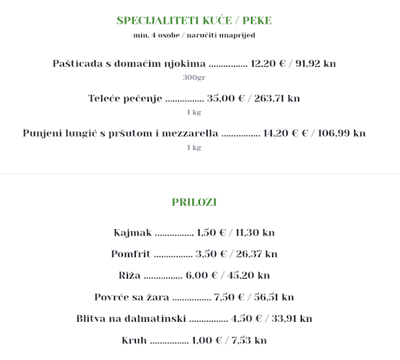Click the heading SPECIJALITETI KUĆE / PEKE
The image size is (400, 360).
[x=194, y=20]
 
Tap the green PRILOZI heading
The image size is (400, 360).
[x=194, y=202]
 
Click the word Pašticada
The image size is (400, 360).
[x=78, y=63]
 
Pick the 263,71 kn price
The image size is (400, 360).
[x=277, y=98]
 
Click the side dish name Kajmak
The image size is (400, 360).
[x=132, y=233]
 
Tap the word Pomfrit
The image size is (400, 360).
[x=129, y=253]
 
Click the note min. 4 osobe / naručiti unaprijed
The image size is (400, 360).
[x=194, y=35]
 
